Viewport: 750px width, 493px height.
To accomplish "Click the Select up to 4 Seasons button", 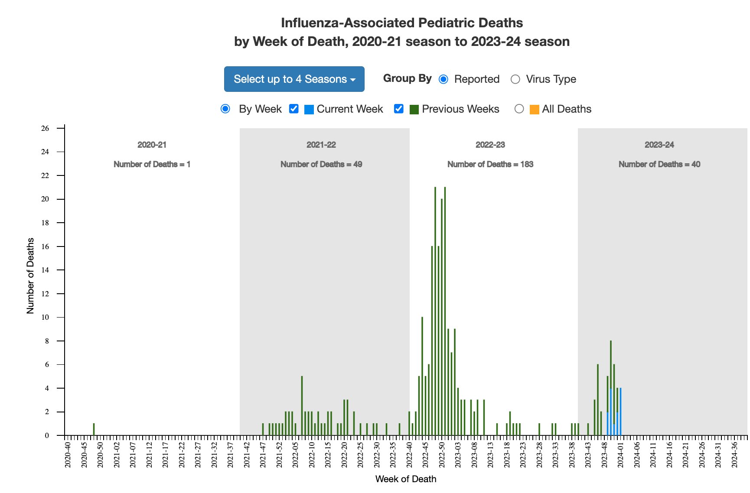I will pos(294,79).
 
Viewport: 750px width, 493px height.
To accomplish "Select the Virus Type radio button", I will pos(515,79).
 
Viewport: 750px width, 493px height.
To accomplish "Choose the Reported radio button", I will pos(443,79).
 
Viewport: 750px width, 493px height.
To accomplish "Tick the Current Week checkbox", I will pos(294,109).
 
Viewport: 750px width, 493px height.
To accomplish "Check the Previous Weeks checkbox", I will pos(399,109).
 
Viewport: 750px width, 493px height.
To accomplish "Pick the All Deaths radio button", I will pos(519,109).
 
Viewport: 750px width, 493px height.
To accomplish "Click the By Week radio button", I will pos(225,109).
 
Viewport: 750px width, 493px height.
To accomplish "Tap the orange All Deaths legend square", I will pos(535,109).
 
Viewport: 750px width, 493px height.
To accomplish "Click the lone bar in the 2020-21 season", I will pos(94,429).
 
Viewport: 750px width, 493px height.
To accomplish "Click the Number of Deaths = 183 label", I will pos(490,164).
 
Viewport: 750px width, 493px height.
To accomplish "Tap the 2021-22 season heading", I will pos(321,145).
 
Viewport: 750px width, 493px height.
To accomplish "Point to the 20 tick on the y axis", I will pos(45,199).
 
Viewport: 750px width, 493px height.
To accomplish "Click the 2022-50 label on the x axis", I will pos(442,455).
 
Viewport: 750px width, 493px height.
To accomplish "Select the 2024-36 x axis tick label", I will pos(734,455).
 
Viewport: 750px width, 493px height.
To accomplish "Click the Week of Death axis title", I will pos(406,479).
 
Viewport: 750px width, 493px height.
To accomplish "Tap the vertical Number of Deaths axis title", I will pos(30,276).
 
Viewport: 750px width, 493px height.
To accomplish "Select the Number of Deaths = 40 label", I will pos(659,164).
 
